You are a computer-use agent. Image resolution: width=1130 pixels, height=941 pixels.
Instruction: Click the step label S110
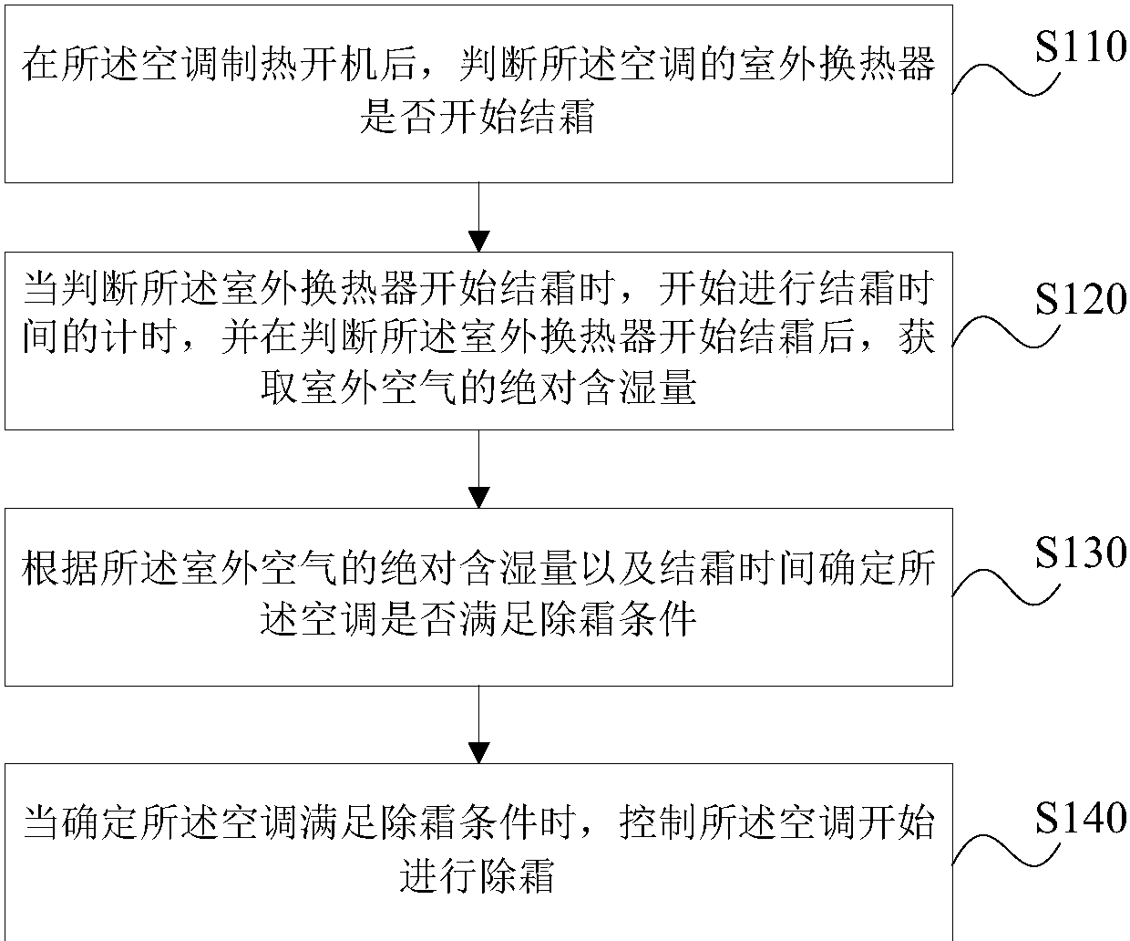point(1081,46)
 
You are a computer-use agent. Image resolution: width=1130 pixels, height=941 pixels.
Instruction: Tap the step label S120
point(1081,298)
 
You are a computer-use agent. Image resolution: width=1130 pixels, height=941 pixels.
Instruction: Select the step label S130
point(1081,553)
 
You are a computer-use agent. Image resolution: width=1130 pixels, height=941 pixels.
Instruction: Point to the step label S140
point(1081,818)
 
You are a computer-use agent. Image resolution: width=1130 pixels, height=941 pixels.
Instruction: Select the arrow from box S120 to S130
point(478,469)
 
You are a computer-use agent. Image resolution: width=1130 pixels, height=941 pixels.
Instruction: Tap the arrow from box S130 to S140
point(478,724)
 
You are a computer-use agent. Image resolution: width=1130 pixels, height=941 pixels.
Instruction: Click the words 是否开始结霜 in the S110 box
point(478,118)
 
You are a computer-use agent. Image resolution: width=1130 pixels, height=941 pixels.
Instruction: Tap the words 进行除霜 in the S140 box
point(478,875)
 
